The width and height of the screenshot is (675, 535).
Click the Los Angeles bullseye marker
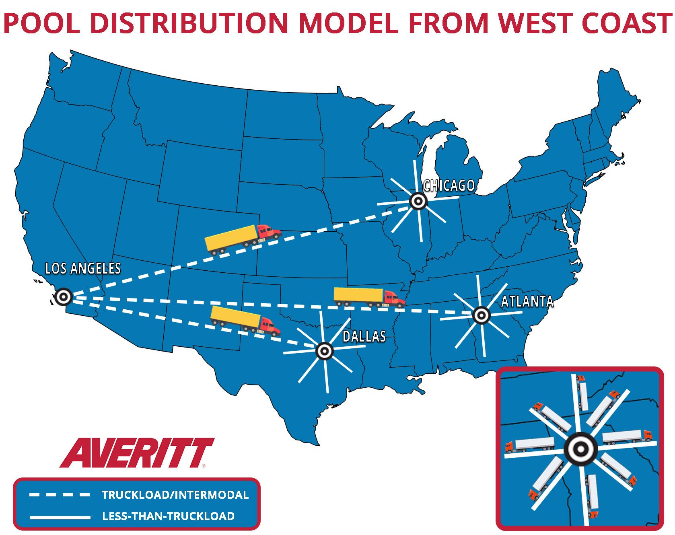(63, 297)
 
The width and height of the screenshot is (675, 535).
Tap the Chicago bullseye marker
(418, 201)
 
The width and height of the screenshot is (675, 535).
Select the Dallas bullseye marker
(325, 351)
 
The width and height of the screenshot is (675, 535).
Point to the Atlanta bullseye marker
(481, 315)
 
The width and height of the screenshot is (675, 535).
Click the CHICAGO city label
(449, 185)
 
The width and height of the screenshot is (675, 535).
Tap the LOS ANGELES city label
(83, 268)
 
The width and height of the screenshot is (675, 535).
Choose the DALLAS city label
(364, 336)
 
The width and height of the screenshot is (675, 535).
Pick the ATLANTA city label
(527, 301)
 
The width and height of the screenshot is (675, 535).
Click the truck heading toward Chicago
(243, 239)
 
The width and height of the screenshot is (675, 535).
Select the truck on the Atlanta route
(369, 298)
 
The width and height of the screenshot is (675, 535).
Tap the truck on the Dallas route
(245, 321)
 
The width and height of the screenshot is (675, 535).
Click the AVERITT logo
(137, 453)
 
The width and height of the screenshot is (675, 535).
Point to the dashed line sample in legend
(60, 495)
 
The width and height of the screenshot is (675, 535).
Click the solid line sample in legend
(60, 516)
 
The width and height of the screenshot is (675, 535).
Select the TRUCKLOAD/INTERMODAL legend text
(175, 495)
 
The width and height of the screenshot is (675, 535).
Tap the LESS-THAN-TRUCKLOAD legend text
(169, 516)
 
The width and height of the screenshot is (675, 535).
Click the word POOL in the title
(42, 23)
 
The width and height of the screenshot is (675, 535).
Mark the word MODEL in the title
(348, 23)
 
